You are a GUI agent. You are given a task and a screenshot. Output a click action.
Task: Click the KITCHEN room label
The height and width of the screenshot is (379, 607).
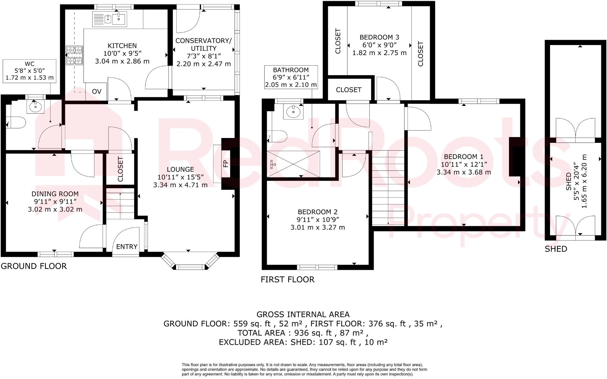point(122,46)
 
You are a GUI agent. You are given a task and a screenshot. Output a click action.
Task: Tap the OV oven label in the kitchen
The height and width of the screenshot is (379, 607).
point(96,92)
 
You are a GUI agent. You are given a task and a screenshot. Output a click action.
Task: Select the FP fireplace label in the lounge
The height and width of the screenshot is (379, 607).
point(226,163)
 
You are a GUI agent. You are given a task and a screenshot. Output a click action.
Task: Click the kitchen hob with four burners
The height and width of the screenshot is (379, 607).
point(74,55)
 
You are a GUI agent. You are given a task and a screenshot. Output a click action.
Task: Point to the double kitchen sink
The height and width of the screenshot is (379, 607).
point(110,19)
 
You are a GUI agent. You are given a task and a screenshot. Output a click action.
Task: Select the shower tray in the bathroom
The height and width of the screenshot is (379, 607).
point(293,164)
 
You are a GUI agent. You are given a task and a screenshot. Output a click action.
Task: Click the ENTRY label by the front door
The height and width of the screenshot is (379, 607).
point(127,247)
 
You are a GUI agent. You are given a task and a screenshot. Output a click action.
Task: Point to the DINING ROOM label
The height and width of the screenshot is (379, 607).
point(55,194)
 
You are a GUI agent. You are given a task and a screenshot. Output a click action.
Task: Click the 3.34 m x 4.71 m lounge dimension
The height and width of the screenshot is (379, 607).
point(180,185)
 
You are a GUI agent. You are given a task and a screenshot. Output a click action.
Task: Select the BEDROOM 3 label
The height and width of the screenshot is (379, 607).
point(379,37)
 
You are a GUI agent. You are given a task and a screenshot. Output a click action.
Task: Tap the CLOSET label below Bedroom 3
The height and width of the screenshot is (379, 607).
point(348,90)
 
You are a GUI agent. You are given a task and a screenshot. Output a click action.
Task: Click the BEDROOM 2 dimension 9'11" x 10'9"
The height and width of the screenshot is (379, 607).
point(317,220)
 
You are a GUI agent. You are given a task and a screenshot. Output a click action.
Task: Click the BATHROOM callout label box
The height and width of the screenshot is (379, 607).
point(291,77)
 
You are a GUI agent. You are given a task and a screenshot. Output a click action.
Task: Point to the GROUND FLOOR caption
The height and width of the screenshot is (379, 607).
point(34,266)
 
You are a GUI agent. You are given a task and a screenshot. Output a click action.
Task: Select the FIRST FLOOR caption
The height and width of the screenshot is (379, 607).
point(287,280)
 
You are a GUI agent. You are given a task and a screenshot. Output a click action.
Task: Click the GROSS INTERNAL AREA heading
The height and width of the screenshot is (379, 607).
point(303,315)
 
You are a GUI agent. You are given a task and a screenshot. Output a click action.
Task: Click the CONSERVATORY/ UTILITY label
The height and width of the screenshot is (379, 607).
point(204,44)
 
